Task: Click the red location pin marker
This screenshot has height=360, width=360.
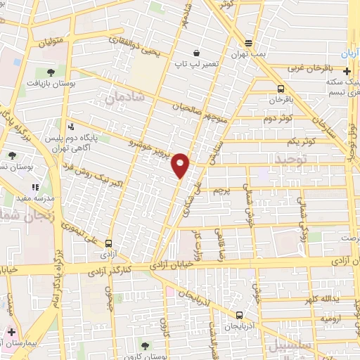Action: [181, 165]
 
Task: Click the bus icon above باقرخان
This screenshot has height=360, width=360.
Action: [281, 89]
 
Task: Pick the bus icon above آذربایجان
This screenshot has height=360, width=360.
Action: [240, 315]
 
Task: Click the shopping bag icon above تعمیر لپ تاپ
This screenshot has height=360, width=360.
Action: [195, 53]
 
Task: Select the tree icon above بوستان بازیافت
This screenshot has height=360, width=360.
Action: [51, 72]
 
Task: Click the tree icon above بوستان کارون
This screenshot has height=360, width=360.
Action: [145, 345]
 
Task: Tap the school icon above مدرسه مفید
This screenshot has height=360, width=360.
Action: [34, 188]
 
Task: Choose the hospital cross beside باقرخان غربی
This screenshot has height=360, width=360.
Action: [347, 70]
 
